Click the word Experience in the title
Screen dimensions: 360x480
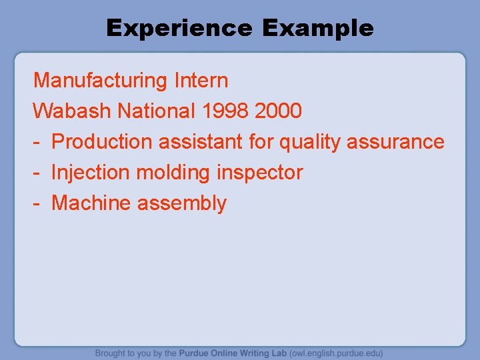click(179, 28)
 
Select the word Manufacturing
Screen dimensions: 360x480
click(101, 81)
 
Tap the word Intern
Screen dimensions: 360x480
click(201, 81)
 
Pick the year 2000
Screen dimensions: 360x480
click(278, 111)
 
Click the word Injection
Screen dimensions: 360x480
click(91, 173)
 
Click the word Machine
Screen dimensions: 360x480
click(91, 203)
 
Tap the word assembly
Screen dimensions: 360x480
click(182, 203)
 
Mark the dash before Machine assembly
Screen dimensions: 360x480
click(37, 203)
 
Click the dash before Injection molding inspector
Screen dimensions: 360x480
click(37, 173)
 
